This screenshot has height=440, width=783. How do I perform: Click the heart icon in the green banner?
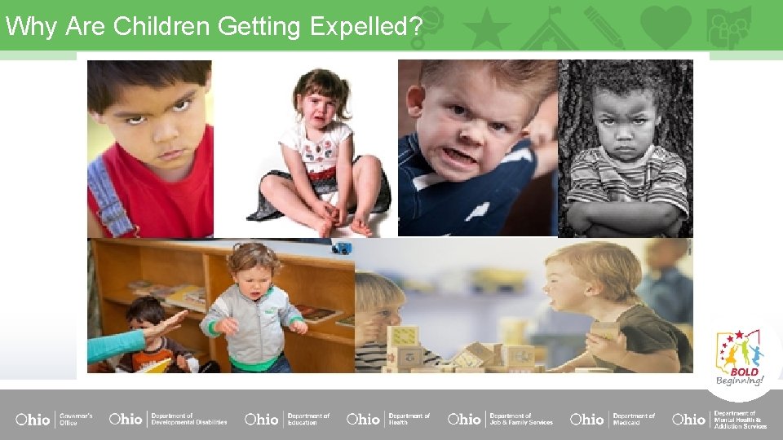tap(666, 26)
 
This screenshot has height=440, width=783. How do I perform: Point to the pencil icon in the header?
tap(604, 27)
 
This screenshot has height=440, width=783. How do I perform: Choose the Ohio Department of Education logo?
tap(287, 419)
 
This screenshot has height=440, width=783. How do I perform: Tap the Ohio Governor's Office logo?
tap(54, 419)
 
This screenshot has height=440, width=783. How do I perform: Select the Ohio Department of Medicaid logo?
tap(612, 419)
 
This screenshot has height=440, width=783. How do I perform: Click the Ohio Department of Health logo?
tap(388, 419)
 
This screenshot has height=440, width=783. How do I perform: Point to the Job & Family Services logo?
tap(499, 419)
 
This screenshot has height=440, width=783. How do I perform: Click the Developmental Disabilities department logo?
tap(168, 419)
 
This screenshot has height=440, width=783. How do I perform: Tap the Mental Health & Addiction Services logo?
tap(719, 419)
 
